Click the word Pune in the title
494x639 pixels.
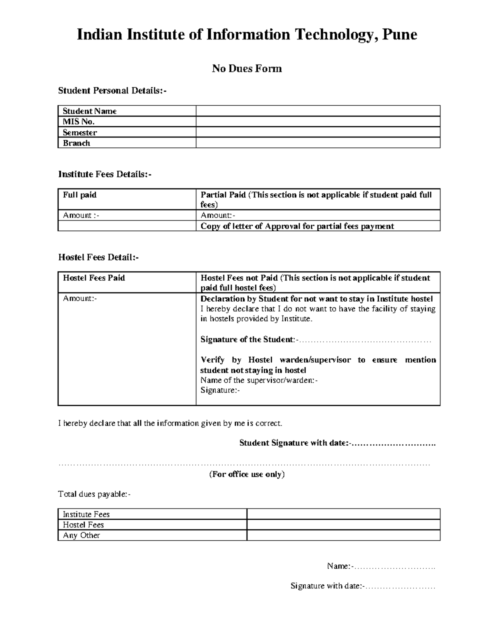pyautogui.click(x=400, y=35)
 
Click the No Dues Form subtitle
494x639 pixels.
pyautogui.click(x=247, y=69)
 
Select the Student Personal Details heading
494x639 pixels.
pyautogui.click(x=112, y=91)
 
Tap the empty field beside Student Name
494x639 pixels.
pyautogui.click(x=318, y=111)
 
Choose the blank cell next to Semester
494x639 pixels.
pyautogui.click(x=318, y=132)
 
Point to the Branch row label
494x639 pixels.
pyautogui.click(x=76, y=143)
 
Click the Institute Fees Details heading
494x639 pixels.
pyautogui.click(x=105, y=174)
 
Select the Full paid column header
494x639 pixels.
pyautogui.click(x=79, y=195)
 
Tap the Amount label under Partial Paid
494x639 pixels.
pyautogui.click(x=217, y=215)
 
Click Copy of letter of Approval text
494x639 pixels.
pyautogui.click(x=297, y=226)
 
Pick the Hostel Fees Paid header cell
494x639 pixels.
pyautogui.click(x=94, y=278)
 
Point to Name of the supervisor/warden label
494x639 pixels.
pyautogui.click(x=259, y=380)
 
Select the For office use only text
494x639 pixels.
pyautogui.click(x=247, y=474)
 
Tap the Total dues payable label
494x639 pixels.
pyautogui.click(x=94, y=494)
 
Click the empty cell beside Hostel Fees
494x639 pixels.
pyautogui.click(x=343, y=525)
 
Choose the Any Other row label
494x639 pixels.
pyautogui.click(x=82, y=535)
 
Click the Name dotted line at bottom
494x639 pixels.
pyautogui.click(x=395, y=567)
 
